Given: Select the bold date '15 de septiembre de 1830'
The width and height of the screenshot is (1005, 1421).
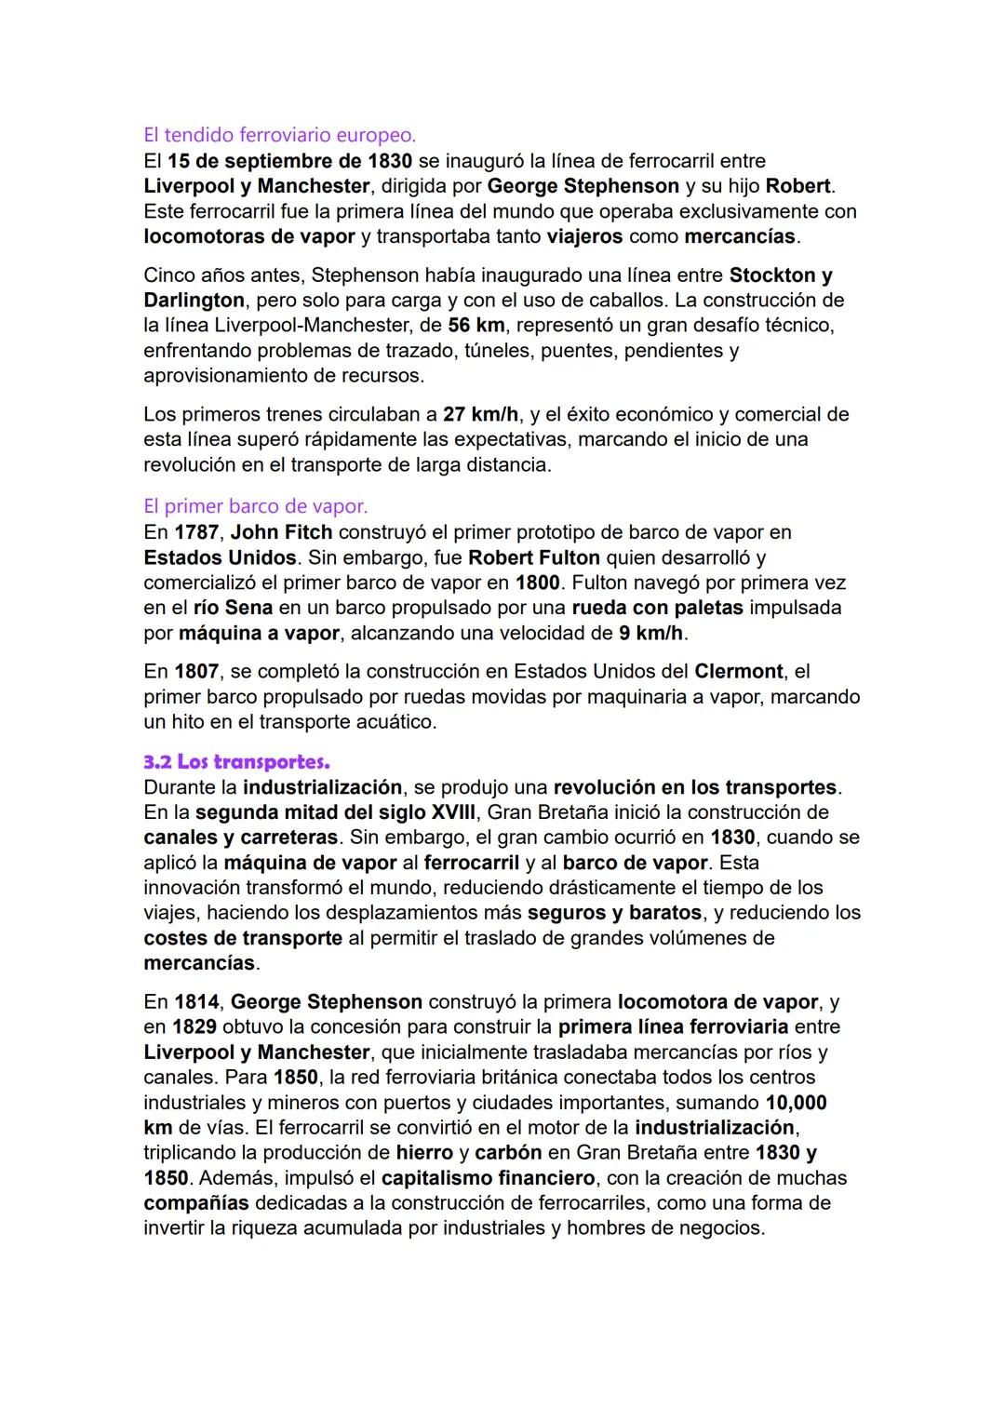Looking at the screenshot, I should [x=289, y=161].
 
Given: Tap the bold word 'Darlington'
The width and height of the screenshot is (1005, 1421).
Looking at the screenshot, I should [x=194, y=301].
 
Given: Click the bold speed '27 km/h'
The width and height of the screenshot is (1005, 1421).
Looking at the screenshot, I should [x=481, y=414].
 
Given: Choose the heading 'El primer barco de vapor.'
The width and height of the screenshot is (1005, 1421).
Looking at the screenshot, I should [x=256, y=507].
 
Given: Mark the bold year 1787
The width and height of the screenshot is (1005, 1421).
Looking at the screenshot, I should [x=195, y=532].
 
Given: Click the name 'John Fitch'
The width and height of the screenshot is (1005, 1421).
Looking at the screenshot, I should [x=281, y=532].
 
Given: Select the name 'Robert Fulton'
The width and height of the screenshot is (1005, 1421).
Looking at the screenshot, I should [x=533, y=557].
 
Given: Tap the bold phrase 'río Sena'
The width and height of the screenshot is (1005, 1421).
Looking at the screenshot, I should [x=233, y=608].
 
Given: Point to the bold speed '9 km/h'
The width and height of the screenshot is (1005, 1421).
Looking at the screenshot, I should [x=650, y=633].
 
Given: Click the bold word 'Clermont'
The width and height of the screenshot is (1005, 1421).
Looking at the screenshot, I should [x=739, y=671].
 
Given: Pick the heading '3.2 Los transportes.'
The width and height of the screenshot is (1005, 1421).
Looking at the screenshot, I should [x=237, y=762].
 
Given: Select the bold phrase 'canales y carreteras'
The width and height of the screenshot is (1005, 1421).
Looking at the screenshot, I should [x=241, y=838].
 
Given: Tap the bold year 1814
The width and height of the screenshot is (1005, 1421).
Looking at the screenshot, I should [x=195, y=1002].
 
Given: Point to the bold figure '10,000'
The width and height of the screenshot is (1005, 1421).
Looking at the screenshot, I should [x=796, y=1103].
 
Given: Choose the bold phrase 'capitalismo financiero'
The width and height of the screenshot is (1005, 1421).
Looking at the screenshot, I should [x=488, y=1178].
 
